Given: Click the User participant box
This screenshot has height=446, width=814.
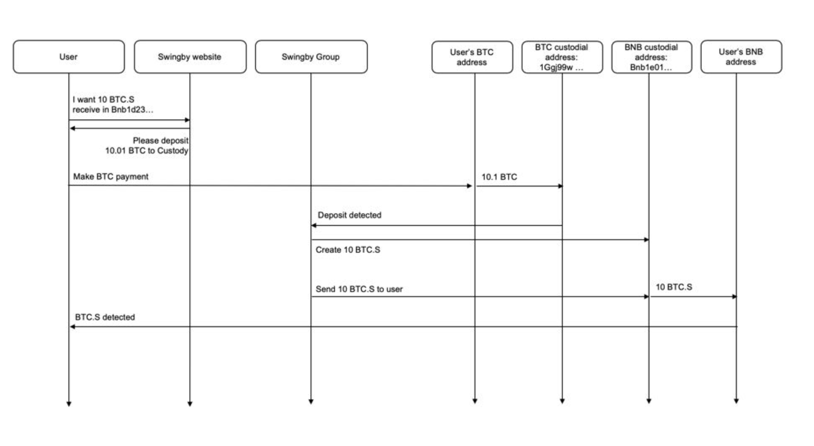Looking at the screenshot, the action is (x=69, y=57).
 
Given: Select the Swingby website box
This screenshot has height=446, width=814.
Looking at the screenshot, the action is (x=190, y=57).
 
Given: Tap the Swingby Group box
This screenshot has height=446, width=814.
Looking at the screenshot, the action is (x=311, y=57).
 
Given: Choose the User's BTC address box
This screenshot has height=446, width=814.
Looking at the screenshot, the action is (x=472, y=57).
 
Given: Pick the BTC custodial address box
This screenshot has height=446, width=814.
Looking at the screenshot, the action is (x=562, y=57).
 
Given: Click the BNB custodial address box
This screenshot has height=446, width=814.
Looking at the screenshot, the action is (x=652, y=57).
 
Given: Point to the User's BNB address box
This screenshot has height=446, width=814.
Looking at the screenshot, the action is (x=741, y=57).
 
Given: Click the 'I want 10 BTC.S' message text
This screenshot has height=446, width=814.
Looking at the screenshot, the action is (x=103, y=99).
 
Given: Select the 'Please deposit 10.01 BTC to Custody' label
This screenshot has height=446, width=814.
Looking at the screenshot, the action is (x=147, y=145).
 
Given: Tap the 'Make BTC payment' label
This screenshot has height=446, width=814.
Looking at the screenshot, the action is (x=111, y=176).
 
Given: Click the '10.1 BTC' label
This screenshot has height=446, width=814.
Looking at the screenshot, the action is (x=499, y=177).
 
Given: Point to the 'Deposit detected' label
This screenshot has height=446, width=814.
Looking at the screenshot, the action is (x=349, y=215).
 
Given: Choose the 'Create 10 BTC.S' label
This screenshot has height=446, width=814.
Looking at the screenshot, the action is (x=348, y=250).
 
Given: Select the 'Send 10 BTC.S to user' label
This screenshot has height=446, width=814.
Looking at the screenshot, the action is (x=359, y=289).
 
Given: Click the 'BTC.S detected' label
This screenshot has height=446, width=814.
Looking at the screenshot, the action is (x=105, y=317).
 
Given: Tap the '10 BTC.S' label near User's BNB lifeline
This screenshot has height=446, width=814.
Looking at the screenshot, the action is (x=674, y=287).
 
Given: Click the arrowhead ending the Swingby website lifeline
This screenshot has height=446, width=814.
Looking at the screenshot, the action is (x=190, y=404).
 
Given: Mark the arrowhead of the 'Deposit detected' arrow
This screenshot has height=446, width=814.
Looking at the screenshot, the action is (x=314, y=225).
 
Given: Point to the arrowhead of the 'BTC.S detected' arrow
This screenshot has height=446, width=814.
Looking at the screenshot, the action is (x=72, y=327).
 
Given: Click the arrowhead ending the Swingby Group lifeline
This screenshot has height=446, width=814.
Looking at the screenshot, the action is (x=311, y=402).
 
